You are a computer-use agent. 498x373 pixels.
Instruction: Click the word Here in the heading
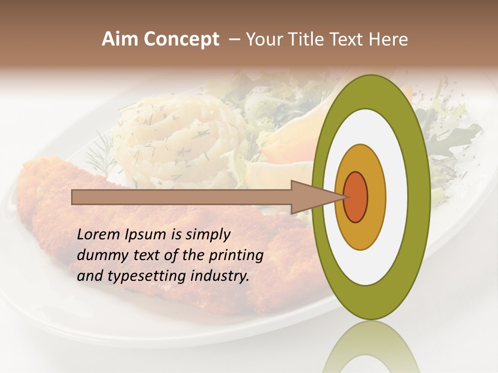tap(390, 39)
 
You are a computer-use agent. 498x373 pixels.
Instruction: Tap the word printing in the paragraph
tap(236, 255)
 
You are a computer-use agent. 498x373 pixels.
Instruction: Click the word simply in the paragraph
tap(208, 235)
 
